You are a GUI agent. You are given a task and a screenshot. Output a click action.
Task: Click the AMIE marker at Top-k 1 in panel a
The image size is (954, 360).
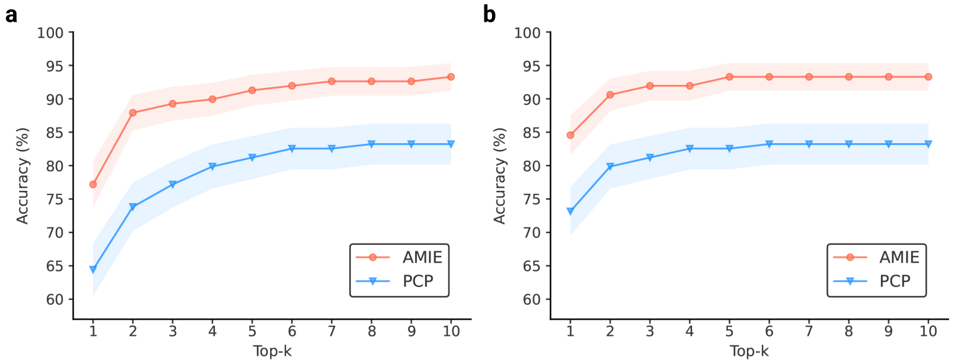click(x=93, y=184)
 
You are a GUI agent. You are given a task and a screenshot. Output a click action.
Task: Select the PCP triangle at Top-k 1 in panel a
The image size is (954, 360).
click(x=93, y=270)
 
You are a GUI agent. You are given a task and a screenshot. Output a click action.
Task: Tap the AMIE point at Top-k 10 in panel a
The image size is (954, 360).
click(x=451, y=77)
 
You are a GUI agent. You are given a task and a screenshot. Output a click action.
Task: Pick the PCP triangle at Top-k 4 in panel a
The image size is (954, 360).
click(x=212, y=167)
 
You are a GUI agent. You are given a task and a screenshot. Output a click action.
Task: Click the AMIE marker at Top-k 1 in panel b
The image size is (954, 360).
click(x=571, y=135)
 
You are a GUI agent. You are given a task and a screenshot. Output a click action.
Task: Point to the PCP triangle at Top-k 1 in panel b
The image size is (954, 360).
click(x=571, y=211)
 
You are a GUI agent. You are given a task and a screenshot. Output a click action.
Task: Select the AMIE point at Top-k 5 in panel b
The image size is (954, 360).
click(x=730, y=77)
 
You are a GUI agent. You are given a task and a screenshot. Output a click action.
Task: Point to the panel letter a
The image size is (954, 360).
click(x=11, y=15)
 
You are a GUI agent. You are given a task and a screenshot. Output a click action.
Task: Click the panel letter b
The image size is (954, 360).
click(x=489, y=15)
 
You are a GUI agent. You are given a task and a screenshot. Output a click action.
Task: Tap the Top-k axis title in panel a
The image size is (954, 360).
click(x=272, y=351)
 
